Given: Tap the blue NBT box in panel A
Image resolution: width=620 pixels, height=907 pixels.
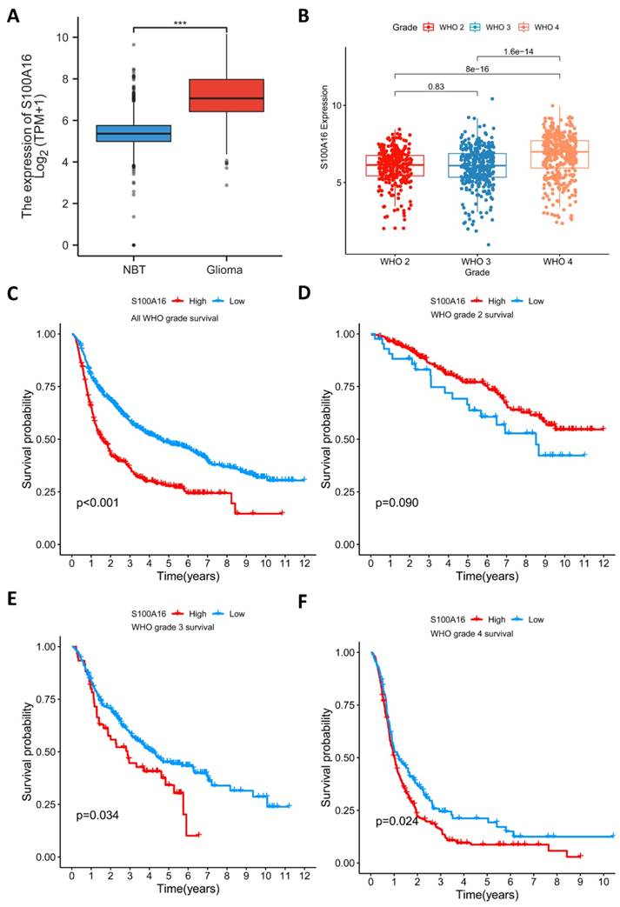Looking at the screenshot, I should (x=133, y=133).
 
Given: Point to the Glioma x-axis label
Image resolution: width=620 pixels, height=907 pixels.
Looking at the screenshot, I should (x=226, y=270).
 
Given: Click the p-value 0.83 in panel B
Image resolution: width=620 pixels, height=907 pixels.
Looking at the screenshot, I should (x=436, y=86).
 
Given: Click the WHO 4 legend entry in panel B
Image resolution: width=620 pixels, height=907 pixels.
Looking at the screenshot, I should (x=533, y=27).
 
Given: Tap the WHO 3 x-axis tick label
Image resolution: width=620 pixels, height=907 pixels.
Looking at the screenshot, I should (x=477, y=262).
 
